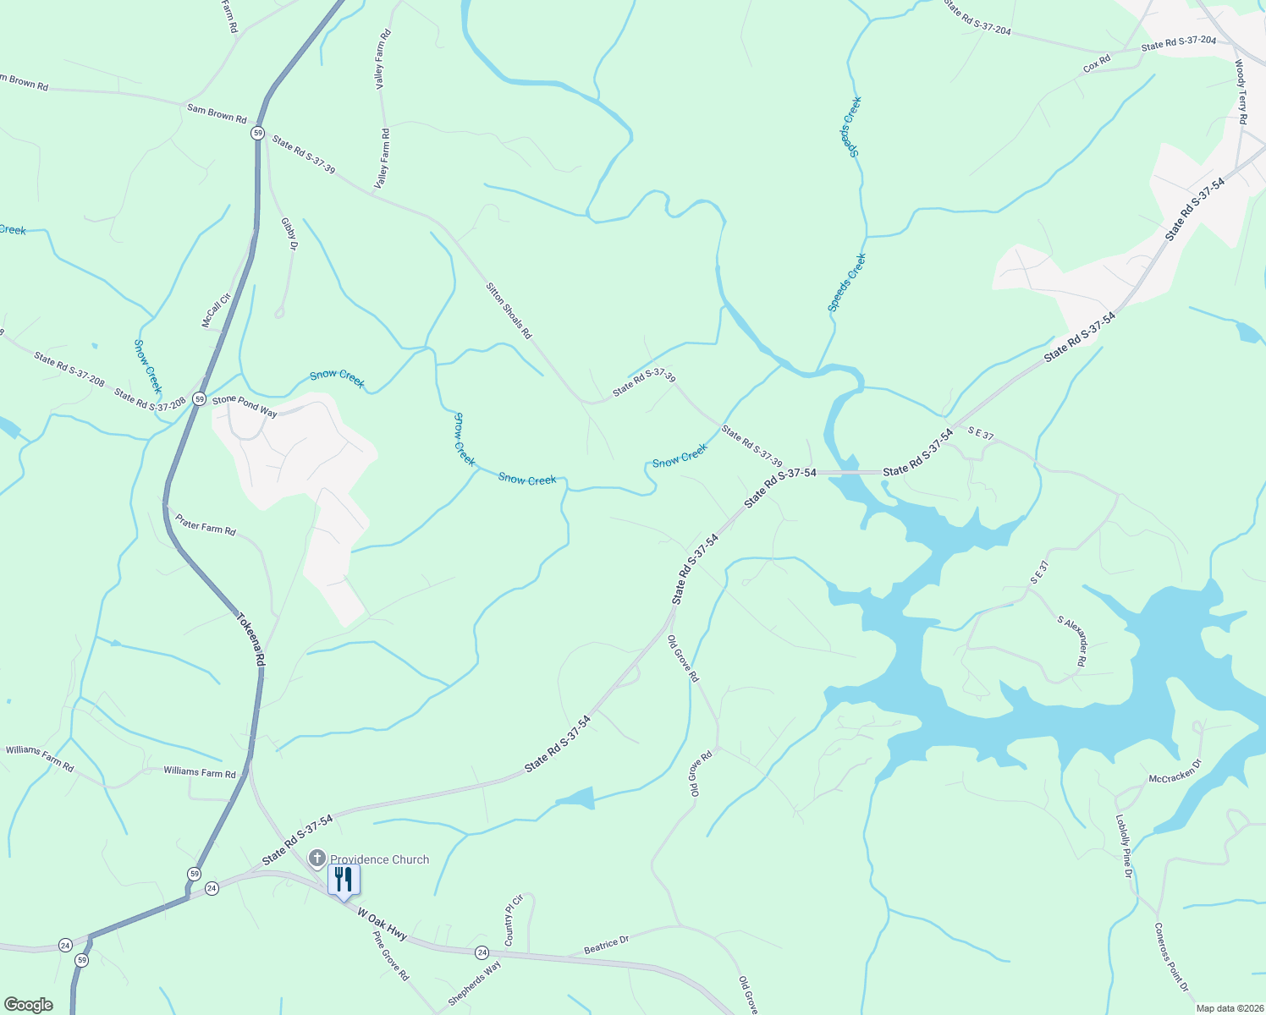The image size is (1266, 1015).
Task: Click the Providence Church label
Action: click(x=379, y=859)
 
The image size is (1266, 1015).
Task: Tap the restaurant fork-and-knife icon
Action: click(x=344, y=880)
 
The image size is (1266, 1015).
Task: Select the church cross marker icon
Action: click(x=317, y=859)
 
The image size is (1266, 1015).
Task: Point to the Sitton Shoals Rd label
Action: click(x=509, y=310)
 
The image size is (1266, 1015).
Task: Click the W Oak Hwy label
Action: click(x=382, y=924)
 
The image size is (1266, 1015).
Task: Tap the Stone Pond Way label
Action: click(x=245, y=406)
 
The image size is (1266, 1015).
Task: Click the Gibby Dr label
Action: click(x=289, y=234)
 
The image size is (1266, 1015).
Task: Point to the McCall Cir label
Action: click(x=216, y=310)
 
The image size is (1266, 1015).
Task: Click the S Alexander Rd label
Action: click(x=1071, y=642)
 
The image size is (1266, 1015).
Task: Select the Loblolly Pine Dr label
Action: click(x=1123, y=846)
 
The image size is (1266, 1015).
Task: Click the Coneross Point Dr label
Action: click(x=1171, y=957)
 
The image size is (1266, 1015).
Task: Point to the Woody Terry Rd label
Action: click(x=1240, y=92)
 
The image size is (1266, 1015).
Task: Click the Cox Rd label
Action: click(x=1097, y=64)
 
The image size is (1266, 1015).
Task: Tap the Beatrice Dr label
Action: click(x=607, y=946)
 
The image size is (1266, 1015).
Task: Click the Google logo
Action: click(x=28, y=1004)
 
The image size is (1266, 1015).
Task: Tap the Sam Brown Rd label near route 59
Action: click(x=217, y=113)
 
